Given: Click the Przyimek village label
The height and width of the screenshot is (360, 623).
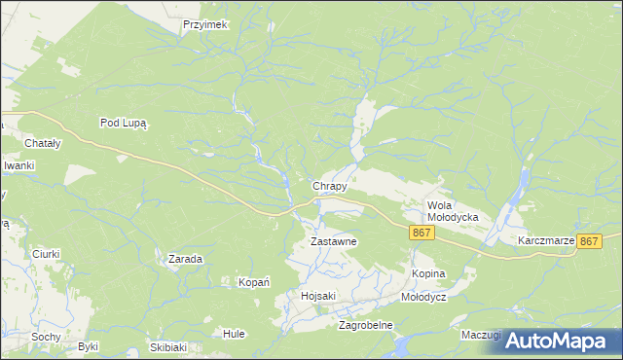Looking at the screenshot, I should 203,25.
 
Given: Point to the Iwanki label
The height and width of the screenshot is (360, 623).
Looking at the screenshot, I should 18,165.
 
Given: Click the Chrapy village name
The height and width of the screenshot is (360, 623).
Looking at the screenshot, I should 329,186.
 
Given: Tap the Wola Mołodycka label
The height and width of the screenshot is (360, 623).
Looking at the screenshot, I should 453,211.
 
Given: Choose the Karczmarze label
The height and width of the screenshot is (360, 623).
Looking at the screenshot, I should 545,239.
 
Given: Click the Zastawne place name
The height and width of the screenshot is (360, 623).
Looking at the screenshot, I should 334,241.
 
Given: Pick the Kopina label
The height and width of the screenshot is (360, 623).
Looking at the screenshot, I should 428,274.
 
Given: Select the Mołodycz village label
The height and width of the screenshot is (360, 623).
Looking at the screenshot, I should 423,297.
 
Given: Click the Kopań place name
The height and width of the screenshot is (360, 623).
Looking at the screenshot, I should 254,282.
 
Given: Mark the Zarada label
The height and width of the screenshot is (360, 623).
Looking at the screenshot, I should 185,260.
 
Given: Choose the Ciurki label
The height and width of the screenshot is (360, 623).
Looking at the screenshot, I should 45,254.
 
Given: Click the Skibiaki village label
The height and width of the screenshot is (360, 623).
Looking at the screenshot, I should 168,347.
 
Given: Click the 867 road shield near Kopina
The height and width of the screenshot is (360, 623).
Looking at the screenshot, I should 421,233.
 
